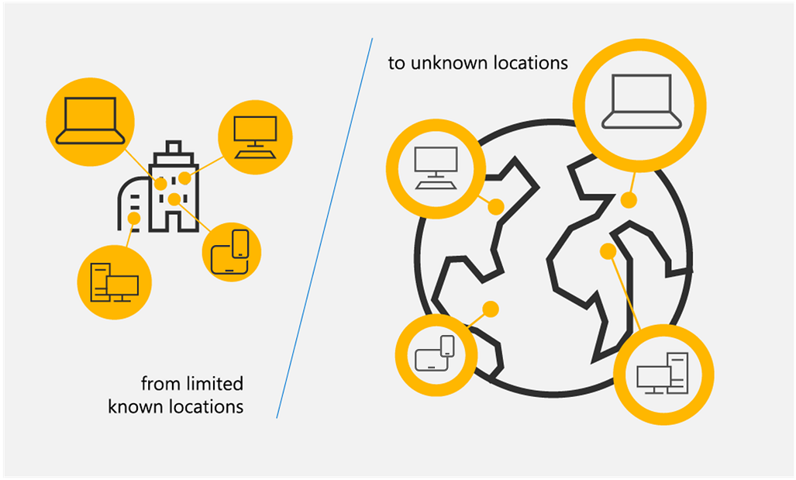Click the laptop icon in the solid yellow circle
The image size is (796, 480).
coord(90,123)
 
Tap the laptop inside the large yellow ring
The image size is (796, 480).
coord(643,102)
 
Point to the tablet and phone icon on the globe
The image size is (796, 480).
coord(434,354)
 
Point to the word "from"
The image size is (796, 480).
coord(158,384)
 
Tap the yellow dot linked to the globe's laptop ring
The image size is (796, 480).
coord(629,200)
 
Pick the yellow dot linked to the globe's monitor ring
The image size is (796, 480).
coord(496,206)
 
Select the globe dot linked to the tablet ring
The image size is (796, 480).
coord(490,309)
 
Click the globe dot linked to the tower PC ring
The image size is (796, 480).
coord(608,251)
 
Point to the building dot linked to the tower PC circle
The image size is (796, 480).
coord(134,219)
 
